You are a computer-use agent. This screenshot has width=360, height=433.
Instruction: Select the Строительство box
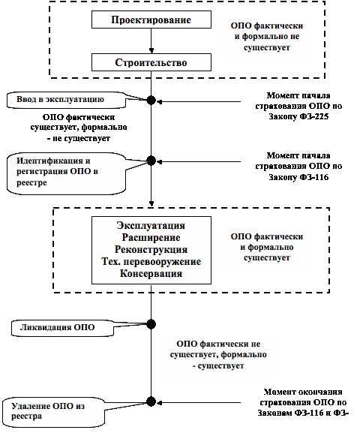coord(151,62)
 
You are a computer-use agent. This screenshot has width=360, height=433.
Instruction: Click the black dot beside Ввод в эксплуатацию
coord(151,100)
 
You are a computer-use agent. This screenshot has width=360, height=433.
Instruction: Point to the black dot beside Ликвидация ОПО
coord(151,323)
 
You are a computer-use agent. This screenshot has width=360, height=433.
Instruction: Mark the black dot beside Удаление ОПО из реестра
coord(151,401)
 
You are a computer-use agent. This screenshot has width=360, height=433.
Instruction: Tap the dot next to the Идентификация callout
coord(151,160)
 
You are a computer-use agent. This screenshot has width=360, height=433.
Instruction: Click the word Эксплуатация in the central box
coord(151,225)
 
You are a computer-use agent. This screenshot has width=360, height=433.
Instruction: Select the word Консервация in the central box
coord(151,274)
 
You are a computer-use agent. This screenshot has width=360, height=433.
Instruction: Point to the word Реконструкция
coord(151,249)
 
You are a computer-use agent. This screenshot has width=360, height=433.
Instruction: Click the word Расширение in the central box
coord(151,237)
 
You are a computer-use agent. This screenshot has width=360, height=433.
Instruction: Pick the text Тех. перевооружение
coord(151,261)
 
